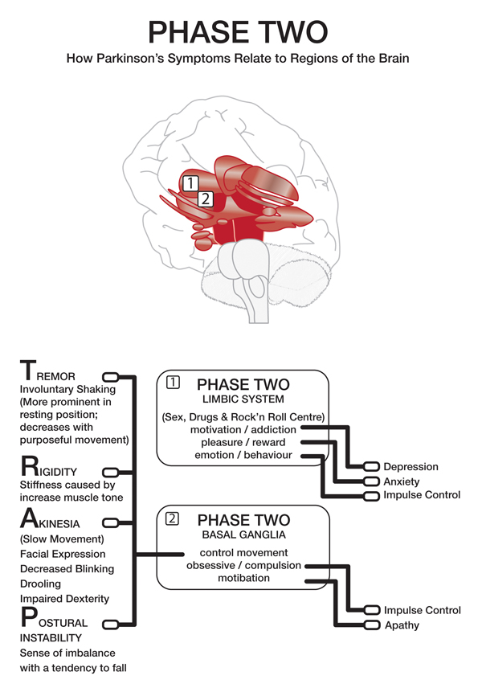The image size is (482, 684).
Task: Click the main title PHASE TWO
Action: tap(239, 32)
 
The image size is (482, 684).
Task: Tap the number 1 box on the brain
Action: tap(190, 182)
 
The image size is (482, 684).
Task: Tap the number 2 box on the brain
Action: tap(206, 199)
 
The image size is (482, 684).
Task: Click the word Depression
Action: tap(411, 467)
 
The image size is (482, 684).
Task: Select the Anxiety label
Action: tap(402, 481)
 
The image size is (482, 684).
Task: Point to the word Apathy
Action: tap(402, 625)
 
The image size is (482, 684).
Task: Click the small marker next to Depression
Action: tap(371, 467)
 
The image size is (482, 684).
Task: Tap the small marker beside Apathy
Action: tap(371, 625)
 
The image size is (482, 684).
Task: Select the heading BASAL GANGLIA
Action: tap(243, 535)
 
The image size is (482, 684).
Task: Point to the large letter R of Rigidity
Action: tap(27, 466)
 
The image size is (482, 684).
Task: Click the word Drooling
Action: tap(39, 584)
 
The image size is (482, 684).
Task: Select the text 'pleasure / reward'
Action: tap(243, 443)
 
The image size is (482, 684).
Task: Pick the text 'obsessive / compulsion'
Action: tap(243, 566)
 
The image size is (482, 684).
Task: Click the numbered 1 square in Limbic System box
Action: tap(171, 383)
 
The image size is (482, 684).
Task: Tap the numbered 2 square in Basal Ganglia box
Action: tap(171, 518)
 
